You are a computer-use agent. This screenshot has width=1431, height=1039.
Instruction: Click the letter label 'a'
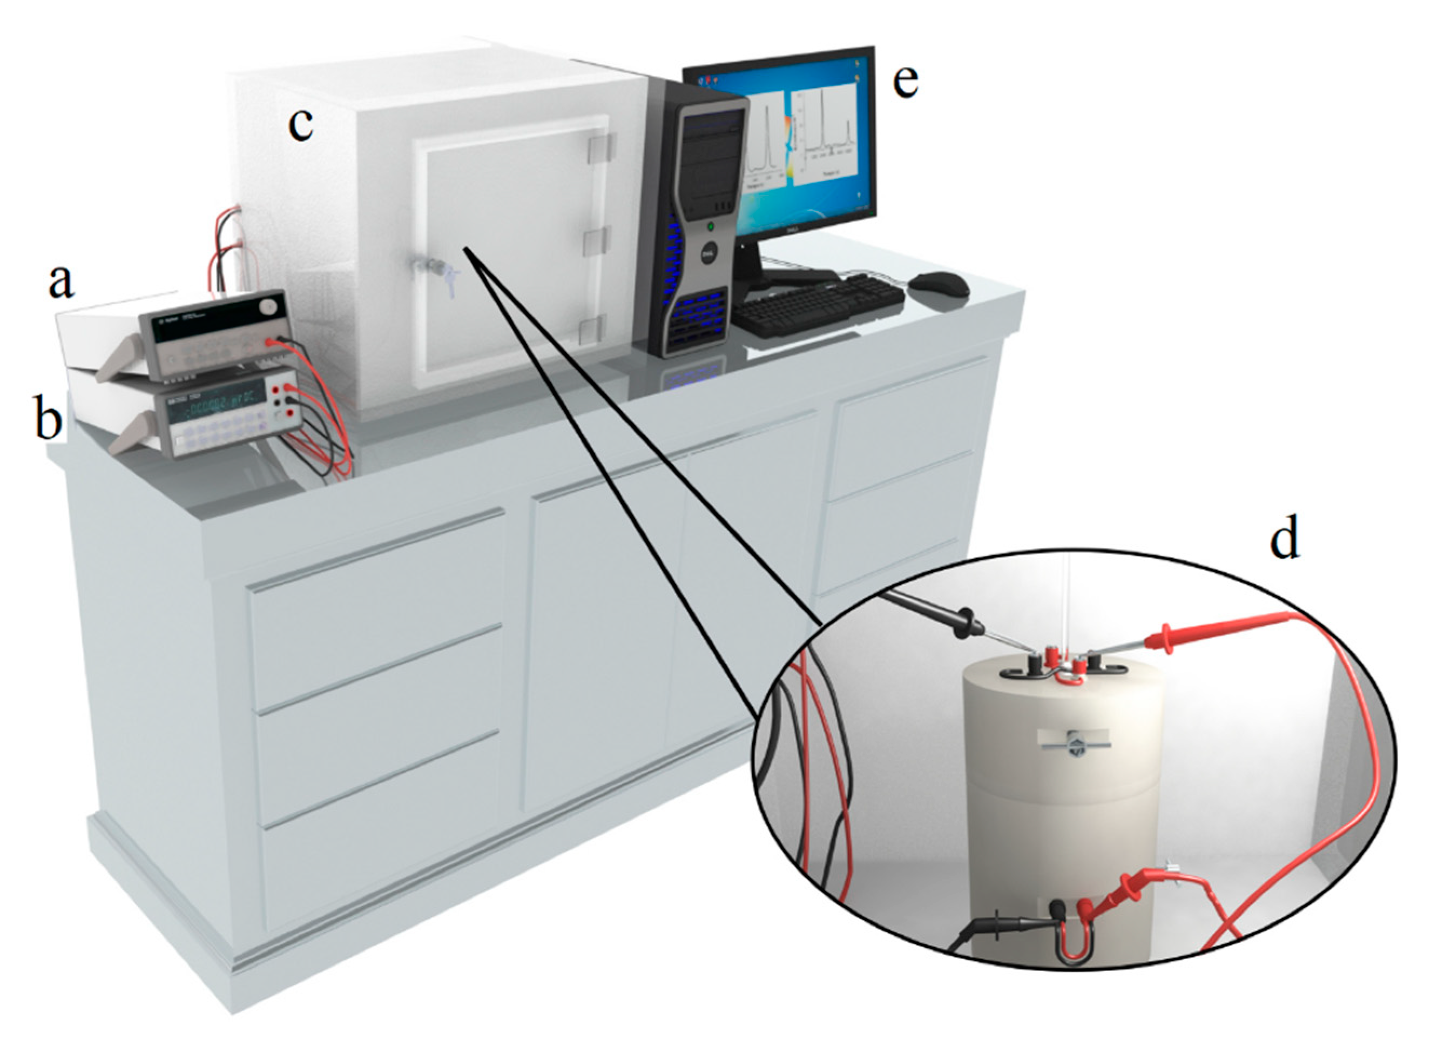tap(61, 281)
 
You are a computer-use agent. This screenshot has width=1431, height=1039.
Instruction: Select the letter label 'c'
tap(300, 125)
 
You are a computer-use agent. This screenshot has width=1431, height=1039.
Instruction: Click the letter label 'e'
tap(906, 83)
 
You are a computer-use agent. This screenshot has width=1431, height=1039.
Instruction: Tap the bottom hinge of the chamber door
tap(593, 329)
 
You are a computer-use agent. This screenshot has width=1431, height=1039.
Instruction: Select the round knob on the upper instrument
tap(269, 307)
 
